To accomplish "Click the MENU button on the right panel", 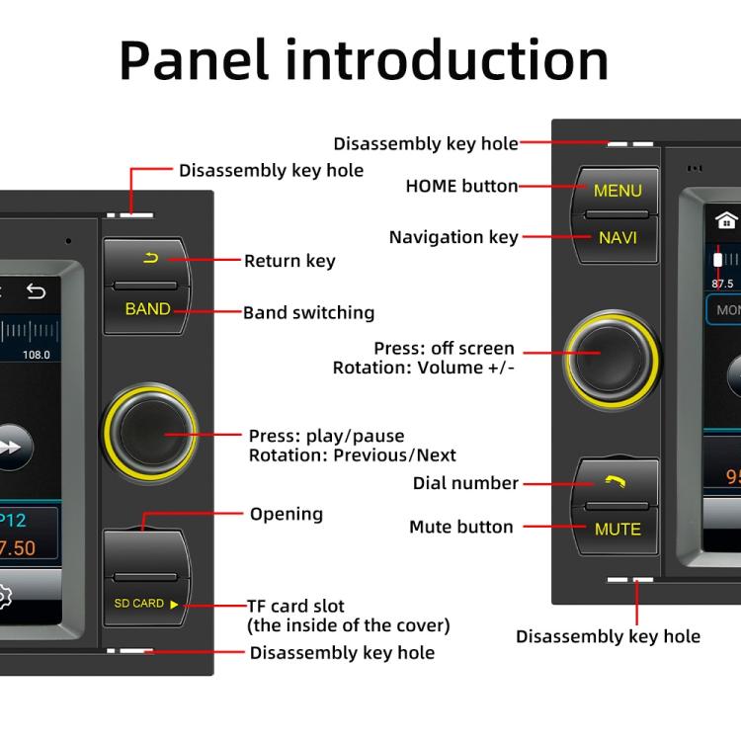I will (617, 190).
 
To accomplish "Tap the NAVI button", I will (617, 238).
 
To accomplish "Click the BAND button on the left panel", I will (147, 309).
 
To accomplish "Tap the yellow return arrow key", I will (150, 259).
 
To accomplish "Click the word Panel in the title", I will (194, 60).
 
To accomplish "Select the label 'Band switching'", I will (309, 313).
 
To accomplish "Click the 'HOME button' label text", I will (461, 186).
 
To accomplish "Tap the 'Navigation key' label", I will (453, 237).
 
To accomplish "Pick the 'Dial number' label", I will (465, 483).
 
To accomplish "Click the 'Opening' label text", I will (286, 514).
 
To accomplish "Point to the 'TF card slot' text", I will (297, 606).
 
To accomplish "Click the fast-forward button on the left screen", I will (10, 447).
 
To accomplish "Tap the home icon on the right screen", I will (727, 220).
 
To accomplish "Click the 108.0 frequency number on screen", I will (37, 355).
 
